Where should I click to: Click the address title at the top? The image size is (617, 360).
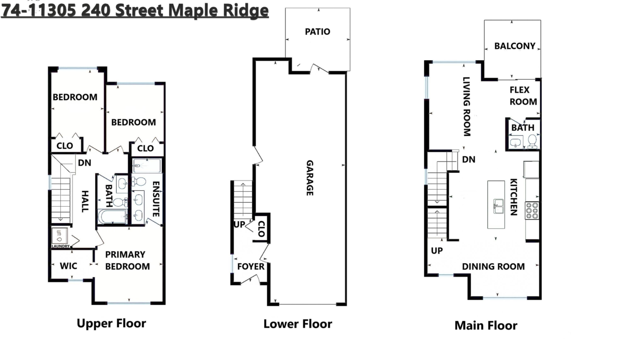pos(135,10)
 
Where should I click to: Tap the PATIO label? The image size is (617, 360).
pos(317,32)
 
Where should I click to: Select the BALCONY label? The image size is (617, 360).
pos(515,46)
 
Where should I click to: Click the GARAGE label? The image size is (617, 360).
pos(310,177)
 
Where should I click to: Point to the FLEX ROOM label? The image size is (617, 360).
pos(523,96)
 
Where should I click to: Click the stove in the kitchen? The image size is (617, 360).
pos(532,211)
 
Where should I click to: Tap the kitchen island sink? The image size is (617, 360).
pos(498,207)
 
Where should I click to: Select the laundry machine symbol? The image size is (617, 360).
pos(60,236)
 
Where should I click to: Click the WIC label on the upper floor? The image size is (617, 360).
pos(68,266)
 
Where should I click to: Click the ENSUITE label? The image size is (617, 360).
pos(155,198)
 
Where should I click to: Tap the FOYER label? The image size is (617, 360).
pos(250,266)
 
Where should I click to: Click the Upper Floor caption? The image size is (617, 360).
pos(111,323)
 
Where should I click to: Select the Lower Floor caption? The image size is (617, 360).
pos(298,324)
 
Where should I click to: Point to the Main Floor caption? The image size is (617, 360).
pos(485,325)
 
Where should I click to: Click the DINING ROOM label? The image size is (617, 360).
pos(493,266)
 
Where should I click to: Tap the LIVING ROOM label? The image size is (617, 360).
pos(466,106)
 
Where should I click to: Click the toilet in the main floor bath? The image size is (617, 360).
pos(532,140)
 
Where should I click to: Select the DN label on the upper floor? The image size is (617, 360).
pos(85,163)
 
